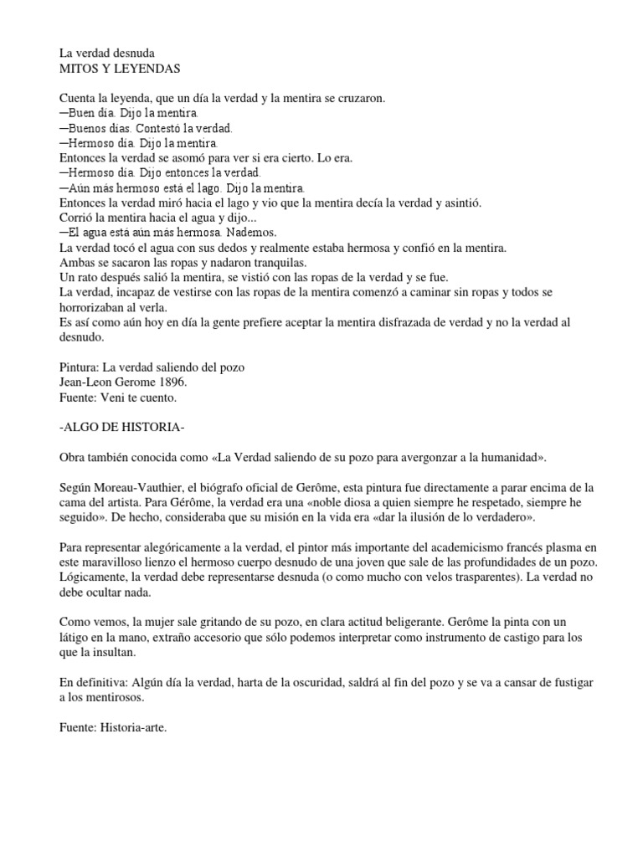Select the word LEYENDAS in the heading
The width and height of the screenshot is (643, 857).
pyautogui.click(x=150, y=68)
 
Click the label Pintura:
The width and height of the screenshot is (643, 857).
pyautogui.click(x=82, y=367)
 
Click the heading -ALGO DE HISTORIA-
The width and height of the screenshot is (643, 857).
pyautogui.click(x=122, y=428)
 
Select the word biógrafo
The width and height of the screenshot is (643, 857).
pyautogui.click(x=252, y=488)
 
